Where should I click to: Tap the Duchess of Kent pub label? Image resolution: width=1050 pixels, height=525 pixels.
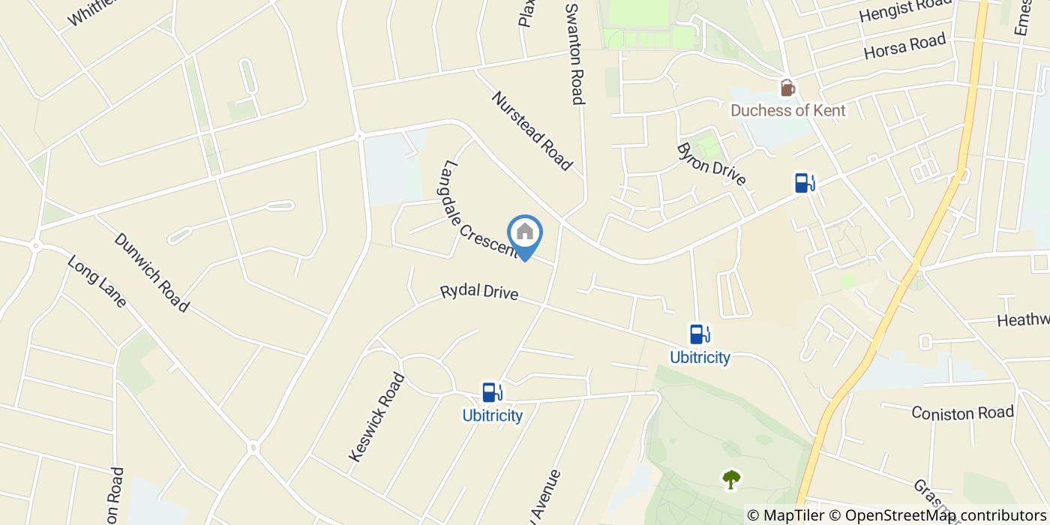tap(787, 111)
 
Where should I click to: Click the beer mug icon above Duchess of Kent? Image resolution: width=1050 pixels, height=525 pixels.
tap(787, 88)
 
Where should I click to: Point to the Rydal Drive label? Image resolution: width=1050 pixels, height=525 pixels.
tap(479, 292)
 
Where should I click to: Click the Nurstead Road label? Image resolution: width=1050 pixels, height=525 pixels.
tap(532, 131)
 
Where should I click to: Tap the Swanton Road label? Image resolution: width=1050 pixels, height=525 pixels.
tap(574, 52)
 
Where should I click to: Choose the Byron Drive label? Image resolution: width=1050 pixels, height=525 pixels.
tap(711, 163)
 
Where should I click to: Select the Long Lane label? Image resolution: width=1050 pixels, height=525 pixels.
tap(97, 282)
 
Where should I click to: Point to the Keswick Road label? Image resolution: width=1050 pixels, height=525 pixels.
tap(376, 417)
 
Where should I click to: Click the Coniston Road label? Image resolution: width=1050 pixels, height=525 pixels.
tap(962, 412)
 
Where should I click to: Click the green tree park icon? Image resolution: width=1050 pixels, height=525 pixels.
tap(730, 478)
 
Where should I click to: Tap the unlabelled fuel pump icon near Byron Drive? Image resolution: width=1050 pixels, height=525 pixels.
tap(805, 182)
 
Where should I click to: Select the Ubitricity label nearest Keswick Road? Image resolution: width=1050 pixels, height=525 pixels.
tap(492, 415)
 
